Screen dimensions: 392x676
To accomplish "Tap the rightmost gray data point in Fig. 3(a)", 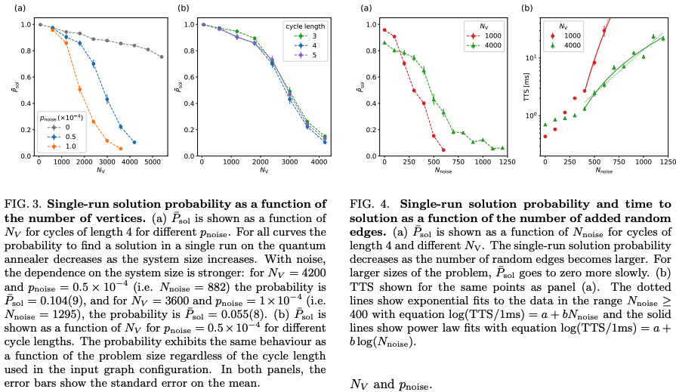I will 162,57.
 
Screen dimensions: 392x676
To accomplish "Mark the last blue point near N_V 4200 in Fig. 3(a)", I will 134,142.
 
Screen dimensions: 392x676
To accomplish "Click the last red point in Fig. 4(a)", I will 443,150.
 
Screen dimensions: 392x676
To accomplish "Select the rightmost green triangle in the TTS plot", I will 663,39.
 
